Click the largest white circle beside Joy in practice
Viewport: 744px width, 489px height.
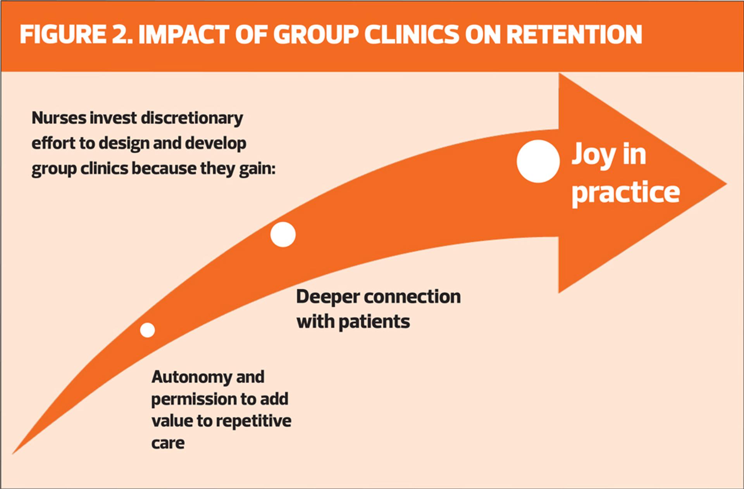538,161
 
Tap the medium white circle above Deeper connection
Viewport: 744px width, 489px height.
283,235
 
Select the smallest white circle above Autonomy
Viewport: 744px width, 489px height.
147,330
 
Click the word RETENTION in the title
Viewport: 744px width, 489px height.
574,34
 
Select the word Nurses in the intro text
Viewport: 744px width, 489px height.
59,118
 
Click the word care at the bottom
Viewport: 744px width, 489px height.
168,443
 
